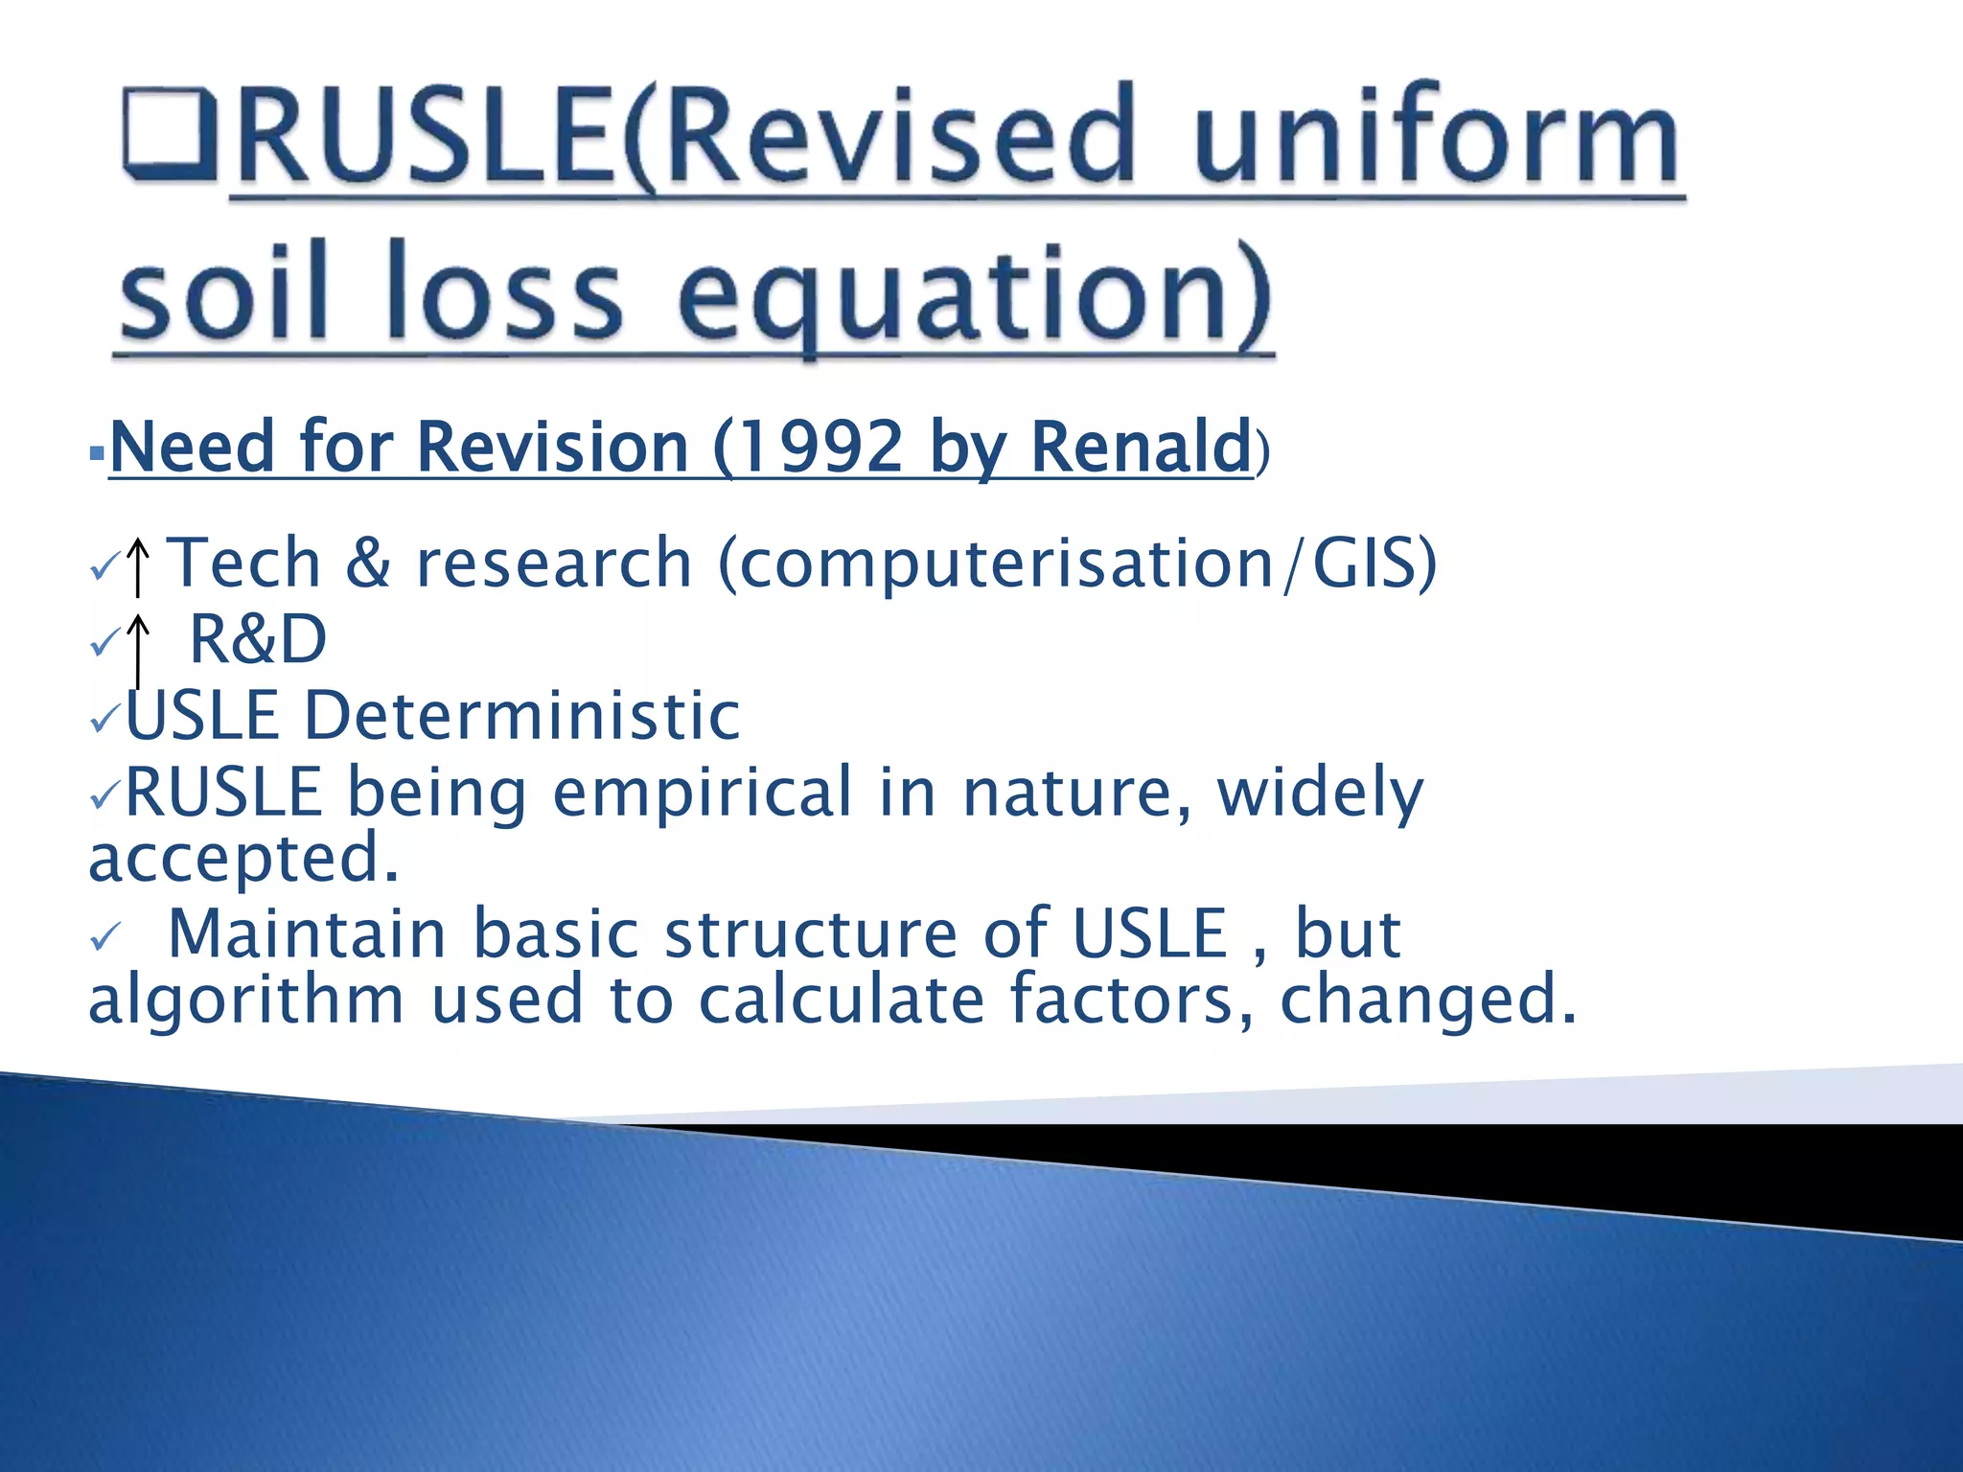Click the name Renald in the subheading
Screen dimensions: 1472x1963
tap(1141, 447)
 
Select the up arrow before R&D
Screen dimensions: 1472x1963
tap(138, 647)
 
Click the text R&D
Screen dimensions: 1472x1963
tap(258, 639)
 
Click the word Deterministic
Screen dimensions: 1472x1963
tap(522, 716)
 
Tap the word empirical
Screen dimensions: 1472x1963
tap(703, 793)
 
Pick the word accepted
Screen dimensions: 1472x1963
tap(242, 858)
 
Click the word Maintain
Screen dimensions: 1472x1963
tap(307, 933)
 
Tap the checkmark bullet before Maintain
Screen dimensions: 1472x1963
tap(104, 936)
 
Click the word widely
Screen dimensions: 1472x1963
tap(1320, 793)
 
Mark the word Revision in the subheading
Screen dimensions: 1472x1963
tap(553, 447)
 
